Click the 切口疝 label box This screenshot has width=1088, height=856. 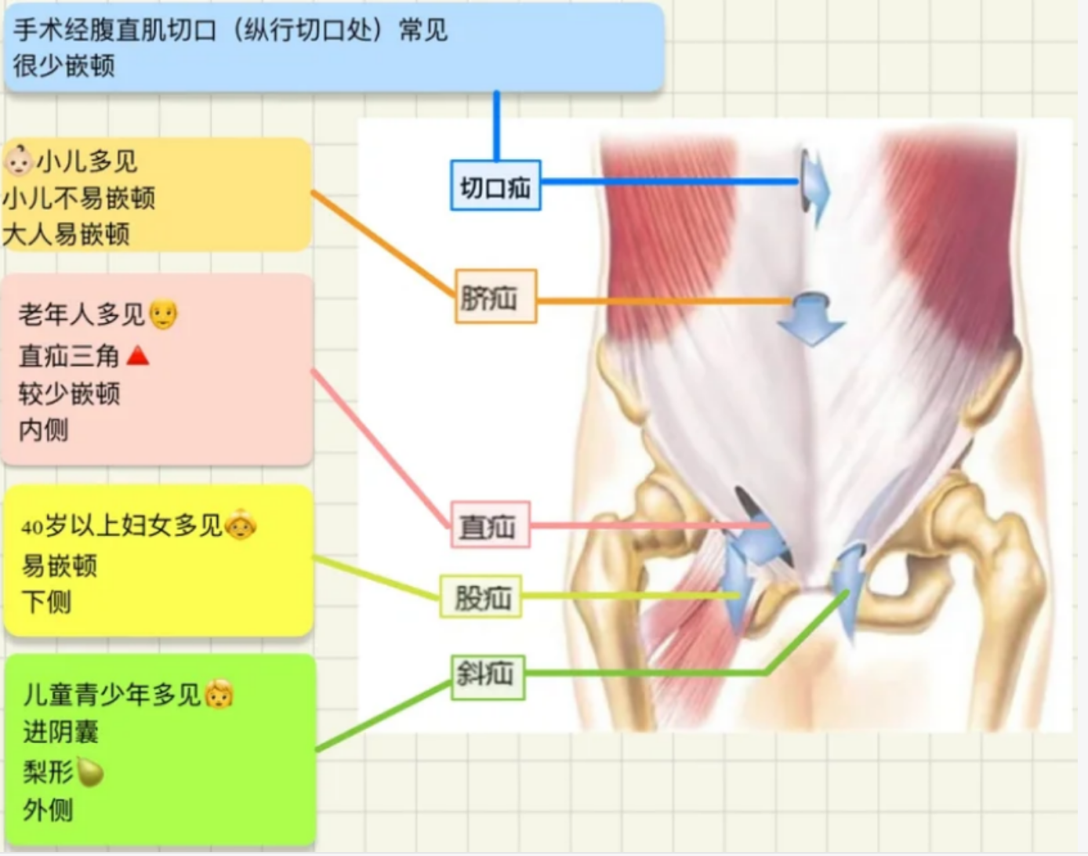click(495, 186)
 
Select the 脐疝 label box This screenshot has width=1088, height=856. click(495, 296)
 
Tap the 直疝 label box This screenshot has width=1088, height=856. click(490, 525)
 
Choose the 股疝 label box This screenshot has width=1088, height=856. click(481, 597)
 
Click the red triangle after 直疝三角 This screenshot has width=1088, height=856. click(138, 356)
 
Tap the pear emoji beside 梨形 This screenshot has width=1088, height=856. click(90, 772)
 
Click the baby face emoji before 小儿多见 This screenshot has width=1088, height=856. click(18, 161)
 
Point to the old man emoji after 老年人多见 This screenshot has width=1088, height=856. click(163, 314)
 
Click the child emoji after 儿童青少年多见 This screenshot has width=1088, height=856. click(219, 695)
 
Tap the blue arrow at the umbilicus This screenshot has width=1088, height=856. click(811, 318)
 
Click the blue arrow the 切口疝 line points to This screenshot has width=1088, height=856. click(814, 187)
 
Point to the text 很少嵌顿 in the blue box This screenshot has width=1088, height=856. click(64, 65)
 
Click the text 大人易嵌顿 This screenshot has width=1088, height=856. click(67, 234)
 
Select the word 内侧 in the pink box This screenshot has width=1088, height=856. click(44, 429)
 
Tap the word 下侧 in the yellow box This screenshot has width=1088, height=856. click(47, 602)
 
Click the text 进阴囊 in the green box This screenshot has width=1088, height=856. click(61, 732)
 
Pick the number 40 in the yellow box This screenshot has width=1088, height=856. click(31, 528)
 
